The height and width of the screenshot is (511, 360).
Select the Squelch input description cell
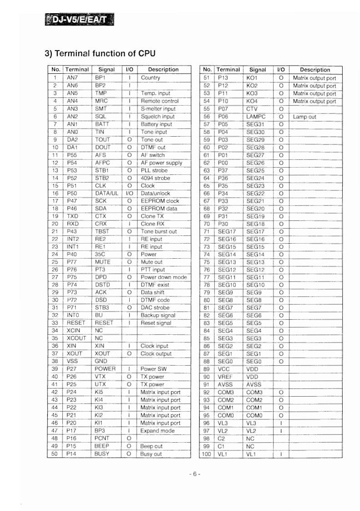(158, 117)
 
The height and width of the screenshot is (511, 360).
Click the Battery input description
(157, 124)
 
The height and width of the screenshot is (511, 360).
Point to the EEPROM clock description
(160, 201)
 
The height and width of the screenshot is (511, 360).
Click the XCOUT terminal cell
(77, 338)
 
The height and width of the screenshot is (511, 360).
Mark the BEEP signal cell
(102, 446)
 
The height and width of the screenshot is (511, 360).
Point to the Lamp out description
(305, 117)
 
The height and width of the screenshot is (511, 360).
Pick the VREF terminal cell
(225, 377)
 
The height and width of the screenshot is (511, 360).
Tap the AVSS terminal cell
(225, 384)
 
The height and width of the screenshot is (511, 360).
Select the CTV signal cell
(252, 109)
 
